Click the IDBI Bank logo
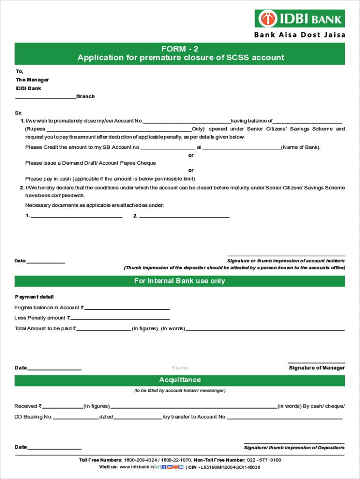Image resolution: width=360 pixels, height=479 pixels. [x=300, y=19]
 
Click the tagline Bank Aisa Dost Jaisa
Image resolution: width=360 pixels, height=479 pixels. [x=299, y=35]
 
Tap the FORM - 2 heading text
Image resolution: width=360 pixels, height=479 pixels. [x=180, y=49]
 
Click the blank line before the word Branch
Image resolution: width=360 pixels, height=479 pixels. [x=45, y=97]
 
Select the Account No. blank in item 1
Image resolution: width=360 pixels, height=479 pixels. [x=187, y=122]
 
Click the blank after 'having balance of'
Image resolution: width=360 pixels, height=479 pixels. [x=307, y=122]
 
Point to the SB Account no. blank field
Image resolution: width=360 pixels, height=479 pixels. [x=167, y=148]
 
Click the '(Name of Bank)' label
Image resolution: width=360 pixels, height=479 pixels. [x=301, y=147]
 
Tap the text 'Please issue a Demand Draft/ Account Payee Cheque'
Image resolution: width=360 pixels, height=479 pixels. [x=91, y=163]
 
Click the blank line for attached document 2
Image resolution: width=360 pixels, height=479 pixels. [x=184, y=217]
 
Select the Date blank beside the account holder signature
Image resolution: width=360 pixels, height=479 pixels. [x=46, y=262]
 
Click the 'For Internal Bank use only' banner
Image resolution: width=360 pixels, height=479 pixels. [x=180, y=281]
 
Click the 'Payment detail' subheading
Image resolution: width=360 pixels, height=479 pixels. [x=34, y=297]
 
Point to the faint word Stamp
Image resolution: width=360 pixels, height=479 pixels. [x=180, y=368]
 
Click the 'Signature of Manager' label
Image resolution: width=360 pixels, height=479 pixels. [x=317, y=368]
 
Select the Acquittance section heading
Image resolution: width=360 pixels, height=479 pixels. [x=180, y=380]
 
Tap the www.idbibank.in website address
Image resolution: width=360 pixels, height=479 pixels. [x=137, y=467]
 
